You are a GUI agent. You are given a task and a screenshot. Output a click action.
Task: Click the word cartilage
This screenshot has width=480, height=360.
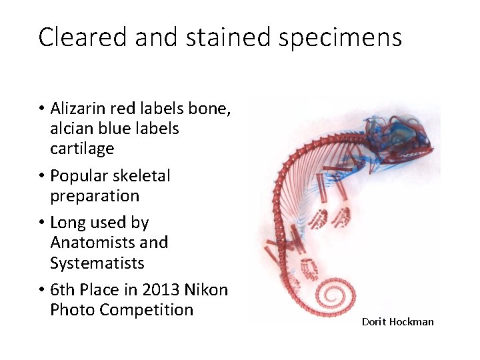click(x=82, y=149)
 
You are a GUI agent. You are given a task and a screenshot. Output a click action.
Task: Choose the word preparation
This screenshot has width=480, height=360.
click(x=95, y=196)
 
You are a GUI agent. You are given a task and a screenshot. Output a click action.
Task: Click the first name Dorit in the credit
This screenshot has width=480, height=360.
click(x=374, y=322)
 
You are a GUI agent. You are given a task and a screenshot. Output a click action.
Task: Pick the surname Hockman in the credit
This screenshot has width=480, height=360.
click(x=411, y=322)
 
